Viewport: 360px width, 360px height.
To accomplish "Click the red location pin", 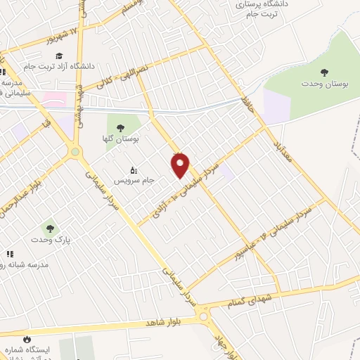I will [181, 165].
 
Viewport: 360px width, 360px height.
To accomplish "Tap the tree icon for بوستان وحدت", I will [324, 72].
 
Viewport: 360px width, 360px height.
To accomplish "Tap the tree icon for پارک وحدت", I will [49, 227].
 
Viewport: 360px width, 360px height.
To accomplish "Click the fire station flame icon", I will [27, 339].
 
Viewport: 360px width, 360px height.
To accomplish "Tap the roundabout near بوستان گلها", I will [75, 152].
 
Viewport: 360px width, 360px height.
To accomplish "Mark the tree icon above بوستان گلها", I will [120, 127].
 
